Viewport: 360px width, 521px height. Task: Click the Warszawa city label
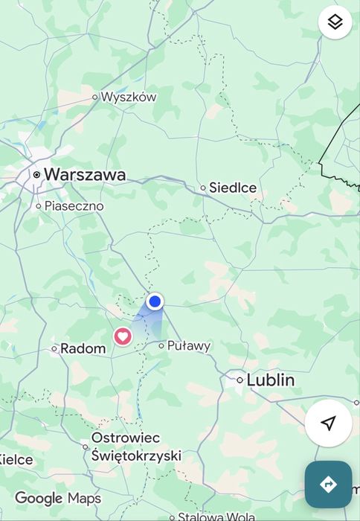tap(84, 174)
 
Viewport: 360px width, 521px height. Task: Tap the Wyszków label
tap(129, 97)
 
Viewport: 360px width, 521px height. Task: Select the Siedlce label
tap(233, 188)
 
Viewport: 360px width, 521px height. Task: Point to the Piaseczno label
tap(74, 205)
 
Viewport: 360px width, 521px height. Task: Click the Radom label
tap(83, 348)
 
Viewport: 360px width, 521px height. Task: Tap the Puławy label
tap(189, 345)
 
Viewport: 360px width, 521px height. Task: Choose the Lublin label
tap(270, 380)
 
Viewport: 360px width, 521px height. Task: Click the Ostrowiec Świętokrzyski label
tap(136, 447)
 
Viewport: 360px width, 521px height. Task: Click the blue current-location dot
tap(155, 301)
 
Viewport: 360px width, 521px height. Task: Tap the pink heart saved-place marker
tap(123, 336)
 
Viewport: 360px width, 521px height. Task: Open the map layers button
tap(335, 22)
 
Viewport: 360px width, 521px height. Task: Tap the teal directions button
tap(328, 485)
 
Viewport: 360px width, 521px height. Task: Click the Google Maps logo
tap(58, 498)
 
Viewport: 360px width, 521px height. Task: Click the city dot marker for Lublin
tap(240, 380)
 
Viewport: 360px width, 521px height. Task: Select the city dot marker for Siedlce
tap(202, 188)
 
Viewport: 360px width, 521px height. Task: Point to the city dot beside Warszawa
tap(36, 174)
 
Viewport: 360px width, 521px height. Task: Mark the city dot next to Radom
tap(54, 348)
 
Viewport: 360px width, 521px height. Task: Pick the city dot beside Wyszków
tap(95, 97)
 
